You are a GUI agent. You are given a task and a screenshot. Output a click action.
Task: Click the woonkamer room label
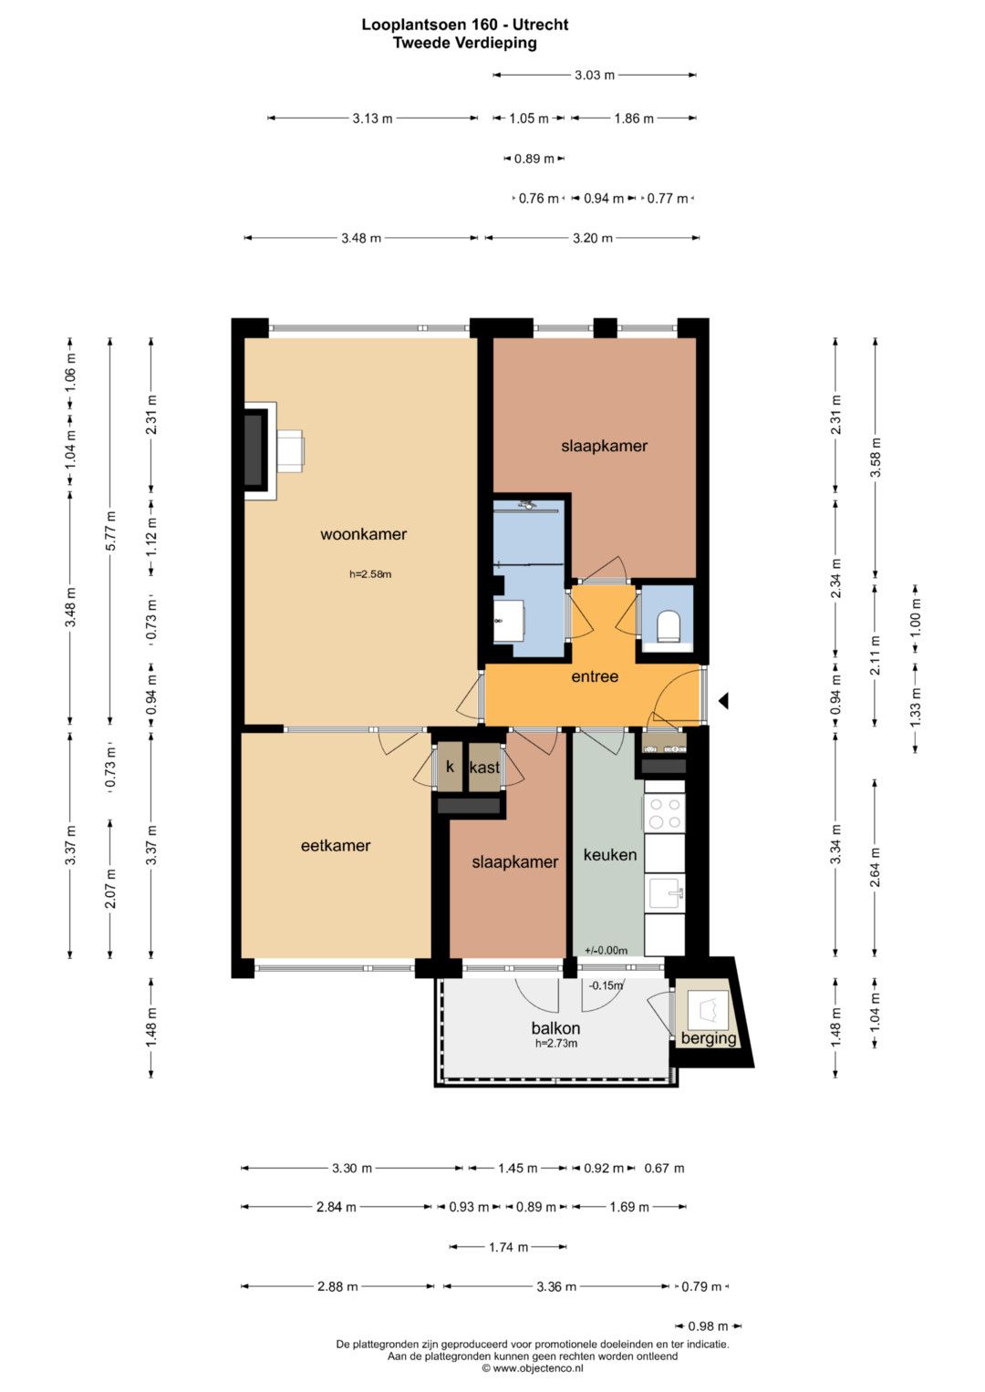[x=363, y=534]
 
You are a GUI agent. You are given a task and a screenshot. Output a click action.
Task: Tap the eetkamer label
[x=336, y=845]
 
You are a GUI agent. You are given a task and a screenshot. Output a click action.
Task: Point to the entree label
[x=595, y=676]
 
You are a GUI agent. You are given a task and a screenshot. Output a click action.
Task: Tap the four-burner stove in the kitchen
[x=664, y=813]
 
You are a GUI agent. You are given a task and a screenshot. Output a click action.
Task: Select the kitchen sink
[x=666, y=892]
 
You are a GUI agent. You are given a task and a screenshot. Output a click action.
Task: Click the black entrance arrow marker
[x=723, y=701]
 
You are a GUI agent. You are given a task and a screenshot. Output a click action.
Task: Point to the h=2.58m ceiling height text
[x=370, y=574]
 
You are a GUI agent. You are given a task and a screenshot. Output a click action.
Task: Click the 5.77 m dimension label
[x=110, y=531]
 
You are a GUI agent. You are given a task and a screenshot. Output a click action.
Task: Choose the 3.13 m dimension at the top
[x=372, y=119]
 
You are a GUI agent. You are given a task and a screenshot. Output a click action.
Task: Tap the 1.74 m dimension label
[x=508, y=1246]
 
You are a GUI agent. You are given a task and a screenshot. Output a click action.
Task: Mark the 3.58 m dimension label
[x=876, y=457]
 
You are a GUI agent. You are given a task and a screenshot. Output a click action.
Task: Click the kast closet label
[x=484, y=768]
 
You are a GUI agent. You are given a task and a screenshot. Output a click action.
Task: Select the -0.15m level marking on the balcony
[x=605, y=985]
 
